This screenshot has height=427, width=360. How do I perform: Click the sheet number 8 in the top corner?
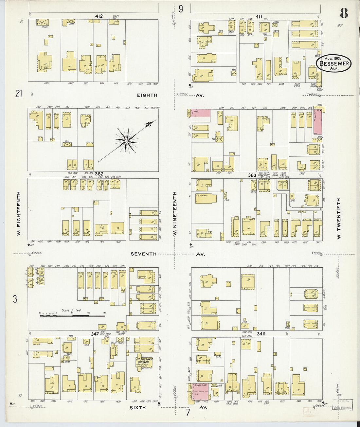(x=344, y=13)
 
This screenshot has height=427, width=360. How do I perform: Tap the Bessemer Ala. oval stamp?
(x=333, y=63)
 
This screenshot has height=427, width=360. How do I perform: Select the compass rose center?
(x=126, y=141)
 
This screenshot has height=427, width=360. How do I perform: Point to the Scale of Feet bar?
(x=72, y=316)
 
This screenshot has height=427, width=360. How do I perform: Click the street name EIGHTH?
(x=147, y=95)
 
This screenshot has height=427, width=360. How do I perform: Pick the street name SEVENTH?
(x=143, y=254)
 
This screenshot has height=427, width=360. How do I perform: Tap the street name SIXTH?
(x=138, y=408)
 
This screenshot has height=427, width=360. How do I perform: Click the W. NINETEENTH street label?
(x=175, y=213)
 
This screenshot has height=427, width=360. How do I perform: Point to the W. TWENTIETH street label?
(x=339, y=218)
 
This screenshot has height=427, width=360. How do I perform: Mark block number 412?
(x=99, y=16)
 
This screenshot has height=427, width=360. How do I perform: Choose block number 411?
(x=259, y=16)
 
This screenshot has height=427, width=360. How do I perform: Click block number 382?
(x=99, y=174)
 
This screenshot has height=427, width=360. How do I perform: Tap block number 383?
(x=252, y=175)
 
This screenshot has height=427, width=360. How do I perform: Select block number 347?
(x=95, y=334)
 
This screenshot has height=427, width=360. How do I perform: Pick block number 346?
(x=261, y=334)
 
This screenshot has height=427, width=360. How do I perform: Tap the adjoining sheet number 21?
(x=18, y=94)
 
